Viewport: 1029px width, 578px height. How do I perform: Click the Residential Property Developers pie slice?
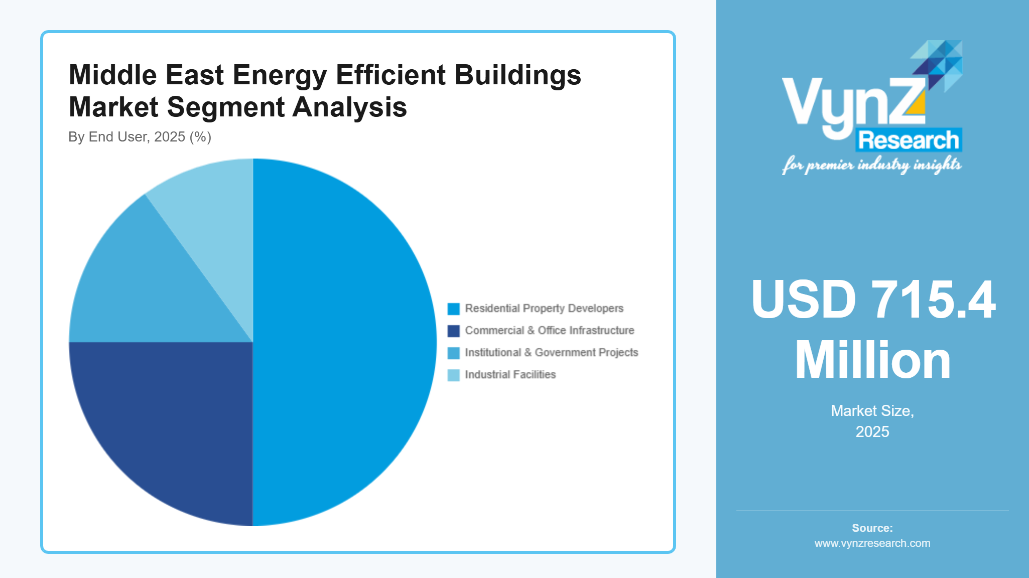point(346,341)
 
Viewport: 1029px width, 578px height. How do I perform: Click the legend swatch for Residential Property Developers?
point(453,309)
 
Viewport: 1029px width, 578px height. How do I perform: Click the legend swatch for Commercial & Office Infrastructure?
point(453,331)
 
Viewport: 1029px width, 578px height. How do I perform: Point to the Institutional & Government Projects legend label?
point(551,353)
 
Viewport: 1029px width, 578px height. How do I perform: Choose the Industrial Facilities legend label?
point(510,375)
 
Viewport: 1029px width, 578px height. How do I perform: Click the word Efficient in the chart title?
point(391,75)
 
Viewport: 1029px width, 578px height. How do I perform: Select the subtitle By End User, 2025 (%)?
point(140,137)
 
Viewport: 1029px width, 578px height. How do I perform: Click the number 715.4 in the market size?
point(933,300)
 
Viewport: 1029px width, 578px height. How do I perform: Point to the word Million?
point(872,360)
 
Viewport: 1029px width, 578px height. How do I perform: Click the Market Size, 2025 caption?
point(872,421)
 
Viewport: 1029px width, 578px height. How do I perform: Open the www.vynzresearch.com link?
point(872,543)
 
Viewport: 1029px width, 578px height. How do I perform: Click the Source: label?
point(872,528)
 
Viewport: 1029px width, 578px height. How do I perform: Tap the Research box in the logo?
point(909,140)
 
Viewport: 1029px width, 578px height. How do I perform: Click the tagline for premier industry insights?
point(871,165)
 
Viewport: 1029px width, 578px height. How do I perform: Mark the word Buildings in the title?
point(518,75)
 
